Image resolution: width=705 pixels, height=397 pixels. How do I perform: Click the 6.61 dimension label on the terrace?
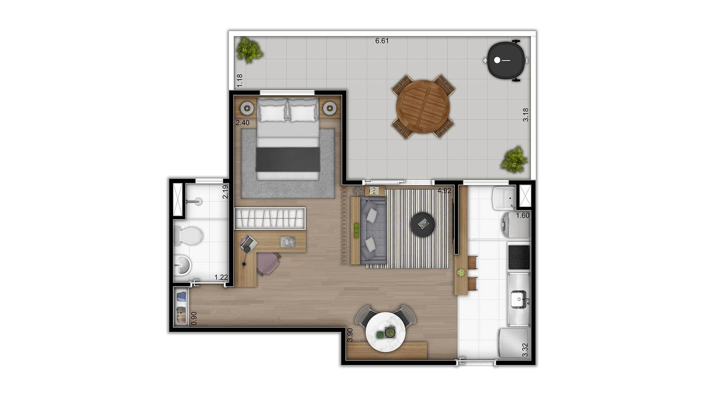tap(382, 41)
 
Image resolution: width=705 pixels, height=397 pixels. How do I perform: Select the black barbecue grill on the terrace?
tap(506, 60)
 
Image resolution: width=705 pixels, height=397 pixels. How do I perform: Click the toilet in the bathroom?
tap(188, 236)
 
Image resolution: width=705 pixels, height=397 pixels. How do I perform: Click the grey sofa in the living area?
tap(373, 230)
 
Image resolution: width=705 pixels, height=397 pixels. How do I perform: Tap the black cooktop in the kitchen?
tap(518, 257)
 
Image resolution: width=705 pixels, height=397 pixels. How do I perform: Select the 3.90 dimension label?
tap(350, 335)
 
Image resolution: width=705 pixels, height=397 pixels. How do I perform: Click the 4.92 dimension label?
tap(444, 191)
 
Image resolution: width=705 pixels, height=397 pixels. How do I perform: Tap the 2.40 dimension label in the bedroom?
tap(242, 123)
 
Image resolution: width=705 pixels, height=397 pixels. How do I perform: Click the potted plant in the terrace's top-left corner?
tap(249, 50)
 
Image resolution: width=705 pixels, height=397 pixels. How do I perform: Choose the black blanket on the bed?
tap(288, 159)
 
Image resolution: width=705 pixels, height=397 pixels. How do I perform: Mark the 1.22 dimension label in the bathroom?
tap(221, 278)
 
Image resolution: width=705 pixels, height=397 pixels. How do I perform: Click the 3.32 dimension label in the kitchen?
tap(525, 350)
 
